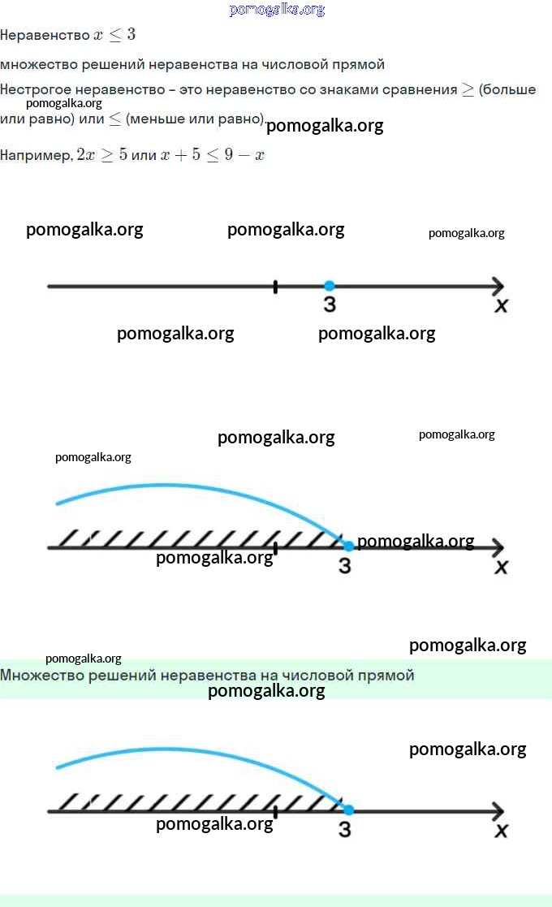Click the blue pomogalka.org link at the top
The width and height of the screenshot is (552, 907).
pos(277,10)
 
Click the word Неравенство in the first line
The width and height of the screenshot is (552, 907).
pos(45,36)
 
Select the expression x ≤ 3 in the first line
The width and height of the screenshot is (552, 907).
pos(114,36)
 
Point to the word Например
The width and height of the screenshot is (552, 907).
pos(36,155)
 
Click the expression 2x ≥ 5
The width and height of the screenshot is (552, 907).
pos(101,155)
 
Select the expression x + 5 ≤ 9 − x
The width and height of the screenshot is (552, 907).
pos(213,155)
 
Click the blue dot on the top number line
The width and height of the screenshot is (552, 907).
pos(329,286)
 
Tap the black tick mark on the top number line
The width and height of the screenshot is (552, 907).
pos(275,286)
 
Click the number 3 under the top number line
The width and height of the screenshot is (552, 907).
pos(329,304)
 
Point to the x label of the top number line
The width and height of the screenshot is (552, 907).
pos(502,305)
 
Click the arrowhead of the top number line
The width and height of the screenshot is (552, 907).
pos(498,286)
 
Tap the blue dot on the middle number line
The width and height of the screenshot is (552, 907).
pos(349,546)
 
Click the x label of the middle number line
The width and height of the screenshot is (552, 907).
pos(502,567)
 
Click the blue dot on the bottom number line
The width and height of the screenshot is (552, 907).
pos(349,810)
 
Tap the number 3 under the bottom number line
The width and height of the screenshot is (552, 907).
pos(345,829)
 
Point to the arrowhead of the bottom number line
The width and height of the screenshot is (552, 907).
pos(498,810)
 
